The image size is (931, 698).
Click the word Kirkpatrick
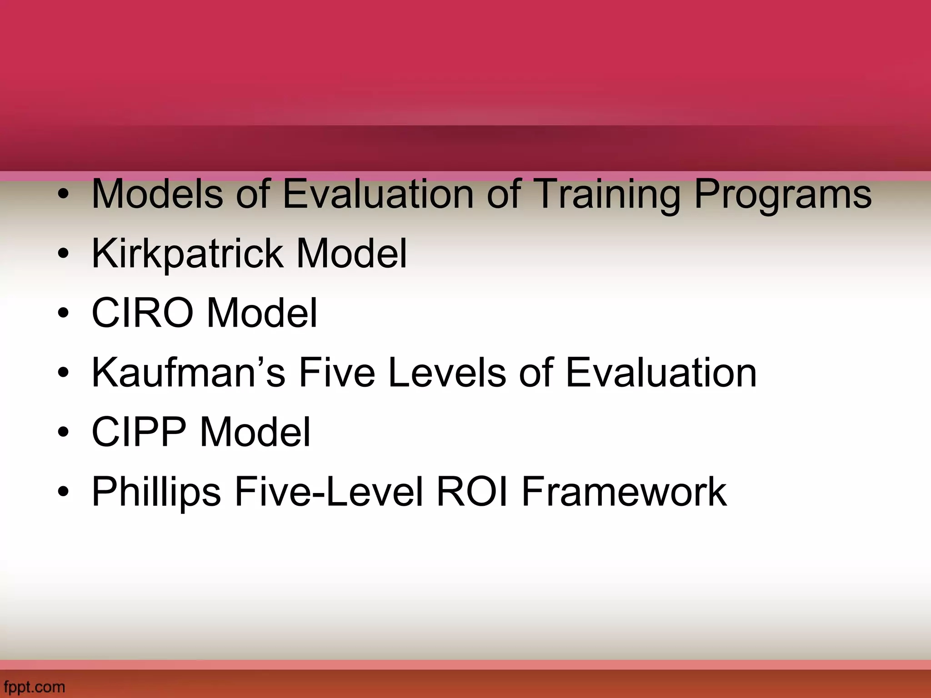click(187, 254)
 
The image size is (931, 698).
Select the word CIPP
click(139, 432)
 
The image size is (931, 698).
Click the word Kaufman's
click(188, 373)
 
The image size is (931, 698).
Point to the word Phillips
click(156, 493)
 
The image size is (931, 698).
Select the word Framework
click(624, 492)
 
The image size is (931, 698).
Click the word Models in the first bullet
click(157, 194)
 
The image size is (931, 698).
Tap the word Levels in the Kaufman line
click(447, 373)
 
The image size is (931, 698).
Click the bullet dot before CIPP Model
click(64, 433)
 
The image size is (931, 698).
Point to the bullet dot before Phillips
click(64, 492)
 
